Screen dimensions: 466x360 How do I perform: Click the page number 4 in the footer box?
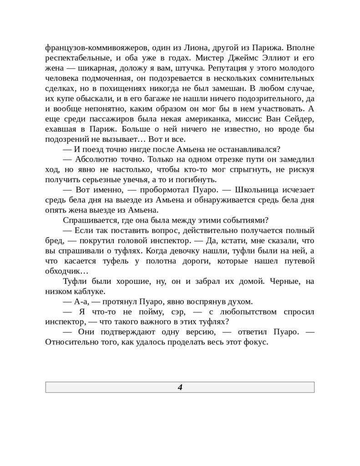click(x=180, y=387)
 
